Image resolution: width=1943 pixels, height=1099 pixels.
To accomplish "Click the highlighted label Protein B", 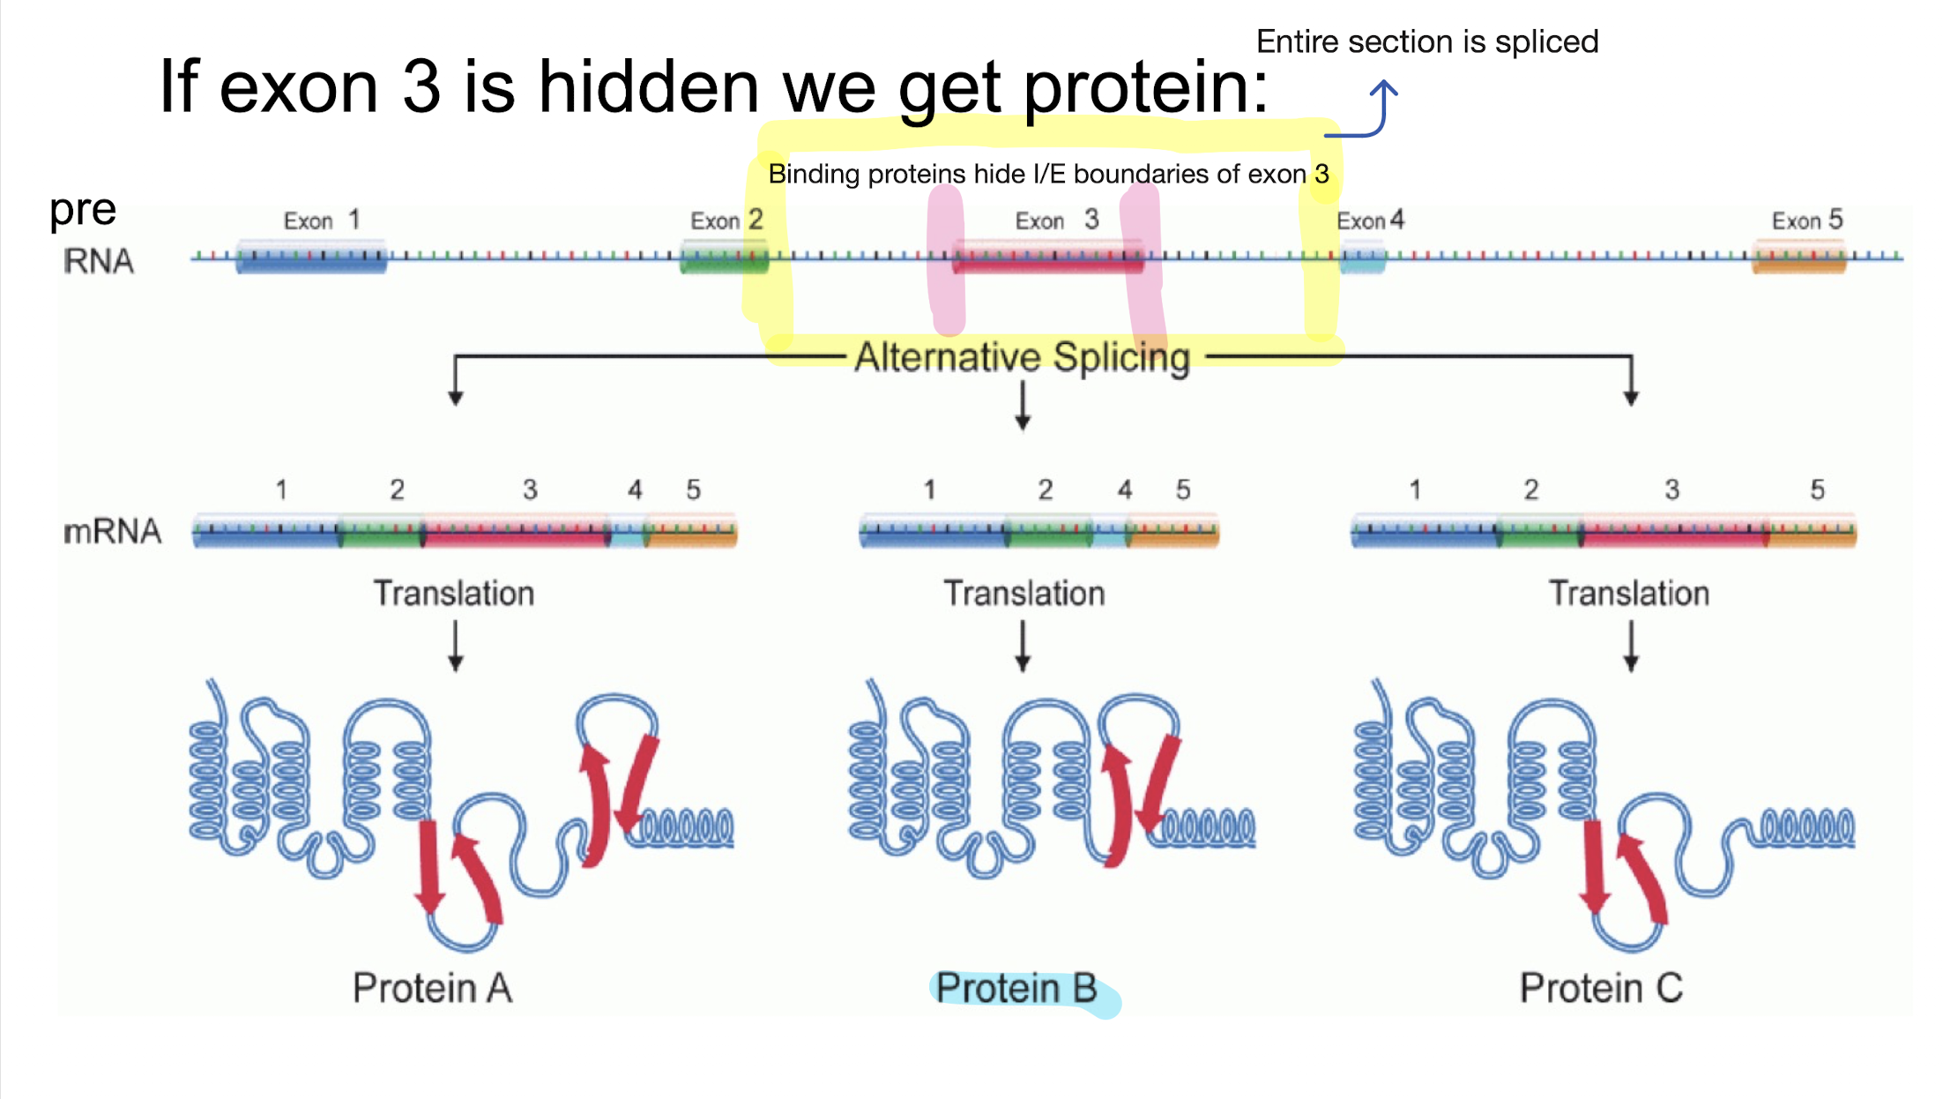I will coord(1016,989).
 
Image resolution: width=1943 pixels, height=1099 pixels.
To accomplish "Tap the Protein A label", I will coord(432,988).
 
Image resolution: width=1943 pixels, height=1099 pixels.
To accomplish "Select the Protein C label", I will coord(1601,988).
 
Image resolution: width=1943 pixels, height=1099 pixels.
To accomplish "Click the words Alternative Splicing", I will coord(1023,357).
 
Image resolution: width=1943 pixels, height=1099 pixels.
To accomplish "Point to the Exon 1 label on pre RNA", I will coord(321,220).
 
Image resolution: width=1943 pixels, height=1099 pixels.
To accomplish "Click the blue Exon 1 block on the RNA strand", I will coord(310,257).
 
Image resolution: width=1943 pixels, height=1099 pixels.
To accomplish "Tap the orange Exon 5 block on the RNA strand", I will coord(1798,257).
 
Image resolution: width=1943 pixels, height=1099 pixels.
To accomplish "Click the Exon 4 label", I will coord(1370,221).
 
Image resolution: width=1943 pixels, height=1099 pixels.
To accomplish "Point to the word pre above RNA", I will coord(82,210).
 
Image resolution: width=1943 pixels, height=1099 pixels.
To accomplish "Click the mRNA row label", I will coord(112,531).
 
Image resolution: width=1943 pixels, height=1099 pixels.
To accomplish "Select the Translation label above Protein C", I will coord(1629,594).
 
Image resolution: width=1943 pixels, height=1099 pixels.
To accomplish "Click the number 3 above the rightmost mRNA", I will coord(1671,490).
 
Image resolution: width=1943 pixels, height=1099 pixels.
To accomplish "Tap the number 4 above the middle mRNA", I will coord(1125,490).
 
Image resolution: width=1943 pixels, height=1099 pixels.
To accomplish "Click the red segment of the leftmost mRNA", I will coord(516,531).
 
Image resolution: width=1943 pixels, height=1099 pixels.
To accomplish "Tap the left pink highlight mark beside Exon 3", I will coord(946,260).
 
